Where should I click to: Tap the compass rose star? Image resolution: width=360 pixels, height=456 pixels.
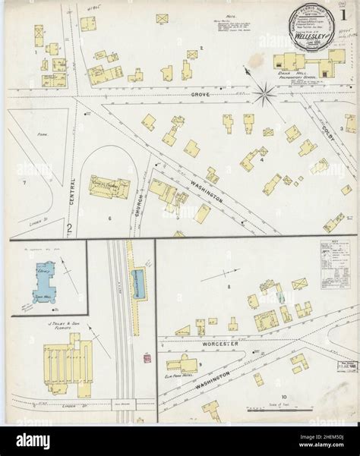pyautogui.click(x=265, y=95)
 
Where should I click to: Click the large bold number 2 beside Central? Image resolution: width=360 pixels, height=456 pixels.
pyautogui.click(x=68, y=226)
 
